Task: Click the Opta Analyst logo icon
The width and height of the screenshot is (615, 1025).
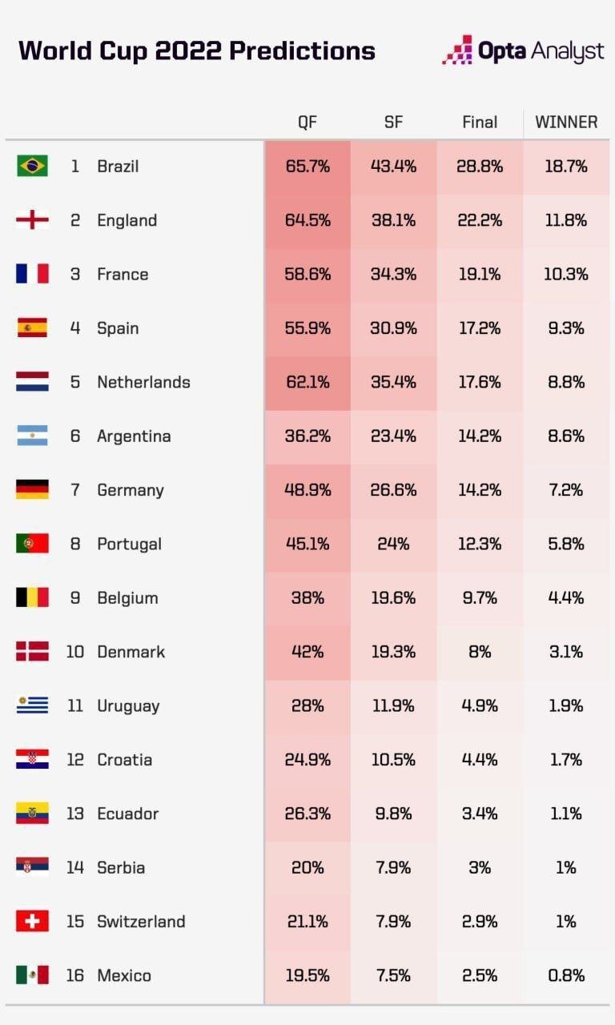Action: (457, 50)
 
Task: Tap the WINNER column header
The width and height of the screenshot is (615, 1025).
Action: (566, 123)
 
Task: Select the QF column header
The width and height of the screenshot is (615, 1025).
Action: (307, 123)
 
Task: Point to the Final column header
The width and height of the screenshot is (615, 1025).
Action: (480, 123)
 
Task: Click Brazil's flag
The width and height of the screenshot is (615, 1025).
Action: (32, 166)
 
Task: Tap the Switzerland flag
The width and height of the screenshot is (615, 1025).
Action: (32, 921)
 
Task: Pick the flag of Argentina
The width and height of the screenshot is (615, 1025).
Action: (32, 436)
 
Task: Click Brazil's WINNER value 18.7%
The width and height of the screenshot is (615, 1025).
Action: (566, 167)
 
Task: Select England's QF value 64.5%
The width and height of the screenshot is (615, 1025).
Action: (307, 220)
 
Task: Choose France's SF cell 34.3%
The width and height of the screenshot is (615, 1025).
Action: (393, 274)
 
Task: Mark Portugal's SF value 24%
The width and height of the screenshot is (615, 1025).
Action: (393, 544)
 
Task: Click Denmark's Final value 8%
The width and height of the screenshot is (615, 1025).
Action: (480, 652)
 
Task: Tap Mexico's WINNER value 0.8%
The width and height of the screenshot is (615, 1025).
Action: (566, 975)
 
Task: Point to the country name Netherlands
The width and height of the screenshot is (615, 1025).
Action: (143, 382)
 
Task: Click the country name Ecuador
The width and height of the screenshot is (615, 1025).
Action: (127, 814)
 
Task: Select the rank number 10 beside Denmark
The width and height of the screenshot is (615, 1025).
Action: (74, 652)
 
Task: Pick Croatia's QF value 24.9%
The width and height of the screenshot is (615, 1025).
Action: (307, 760)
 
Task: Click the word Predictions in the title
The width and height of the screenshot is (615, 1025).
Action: (302, 51)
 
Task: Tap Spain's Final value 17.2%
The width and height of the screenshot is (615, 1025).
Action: (480, 328)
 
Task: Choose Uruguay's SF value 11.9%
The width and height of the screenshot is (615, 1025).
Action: (393, 705)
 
